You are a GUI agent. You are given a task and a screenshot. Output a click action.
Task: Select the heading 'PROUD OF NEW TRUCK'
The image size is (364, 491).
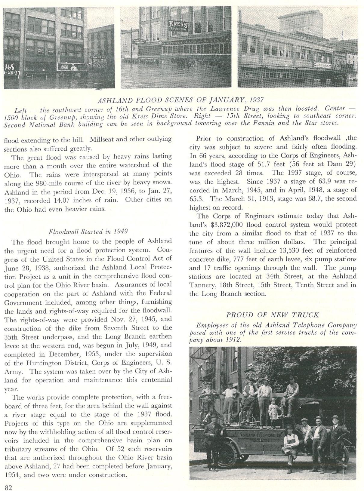click(x=273, y=315)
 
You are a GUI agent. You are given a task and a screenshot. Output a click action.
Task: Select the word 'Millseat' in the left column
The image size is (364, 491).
click(x=102, y=140)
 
